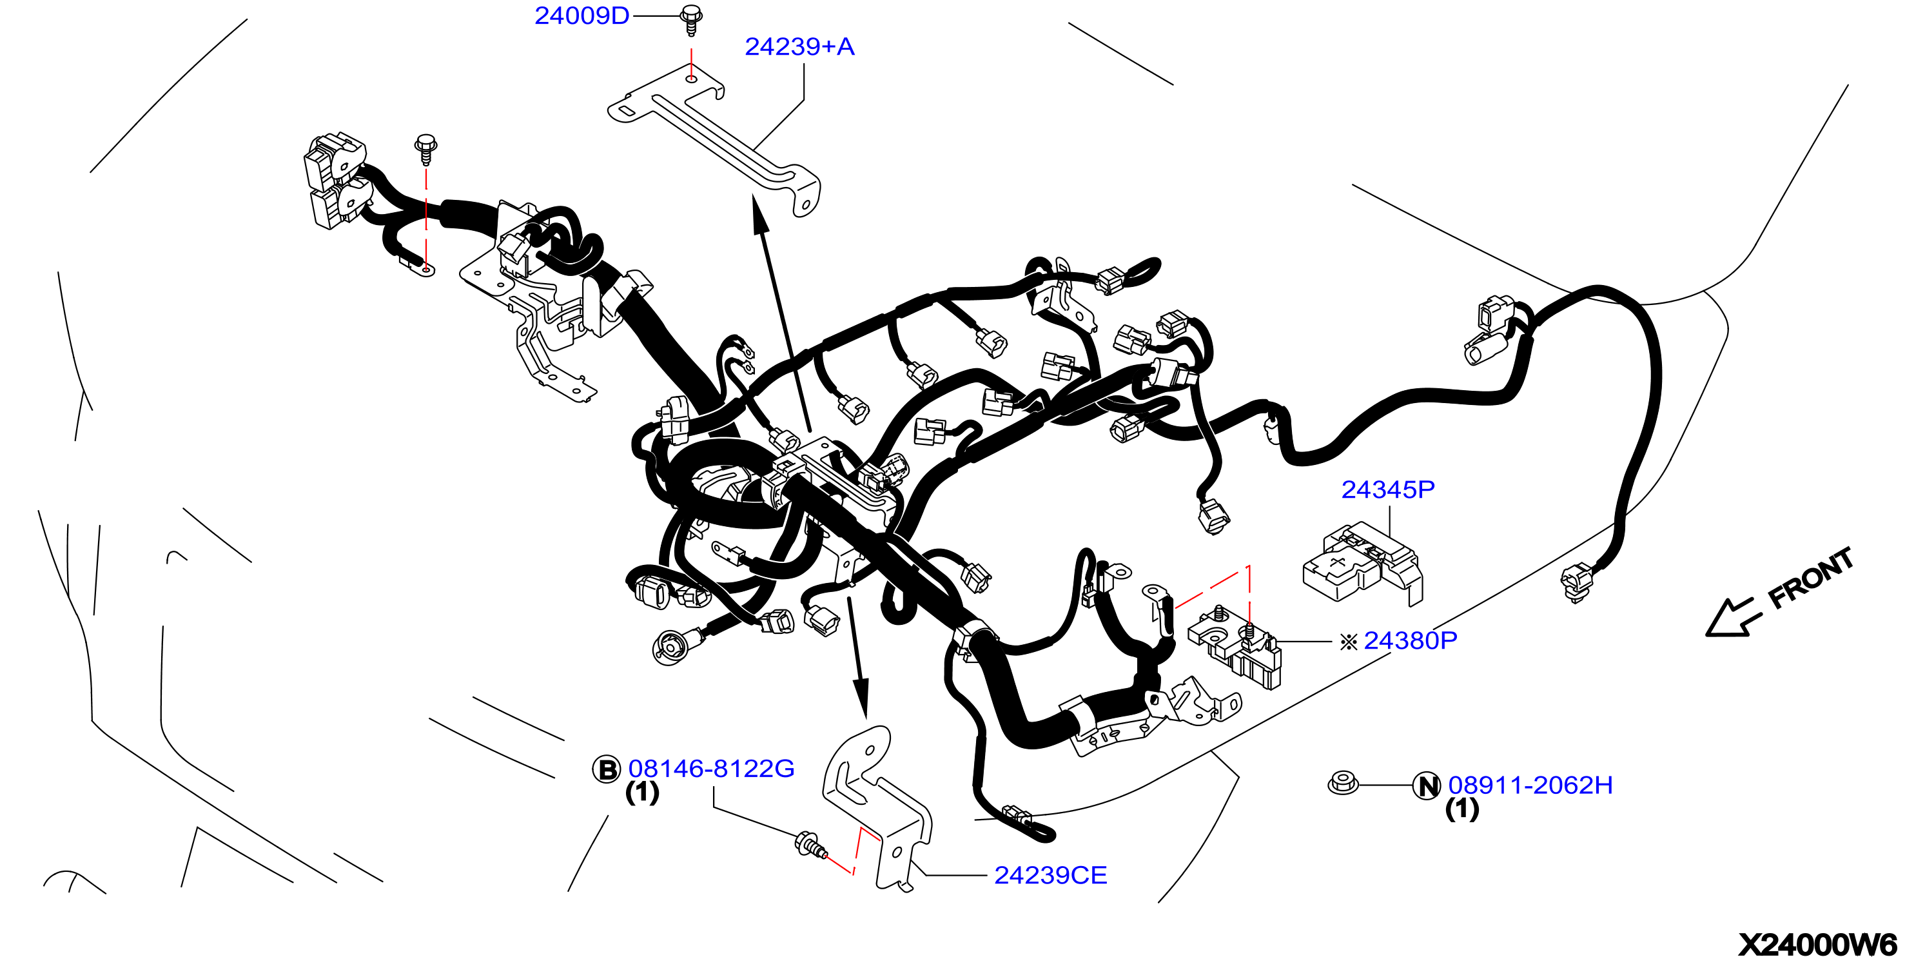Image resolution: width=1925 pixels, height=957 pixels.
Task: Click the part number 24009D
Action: (x=582, y=15)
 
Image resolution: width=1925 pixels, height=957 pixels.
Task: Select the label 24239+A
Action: (x=799, y=47)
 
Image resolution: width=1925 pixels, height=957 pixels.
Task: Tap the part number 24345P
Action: (x=1388, y=489)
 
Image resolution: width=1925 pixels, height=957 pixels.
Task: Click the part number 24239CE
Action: (x=1050, y=876)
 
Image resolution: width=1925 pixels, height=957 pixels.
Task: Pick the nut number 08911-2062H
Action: (x=1530, y=785)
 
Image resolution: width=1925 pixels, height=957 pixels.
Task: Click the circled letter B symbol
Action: (x=606, y=769)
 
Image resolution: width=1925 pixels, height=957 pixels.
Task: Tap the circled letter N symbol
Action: (x=1427, y=786)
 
